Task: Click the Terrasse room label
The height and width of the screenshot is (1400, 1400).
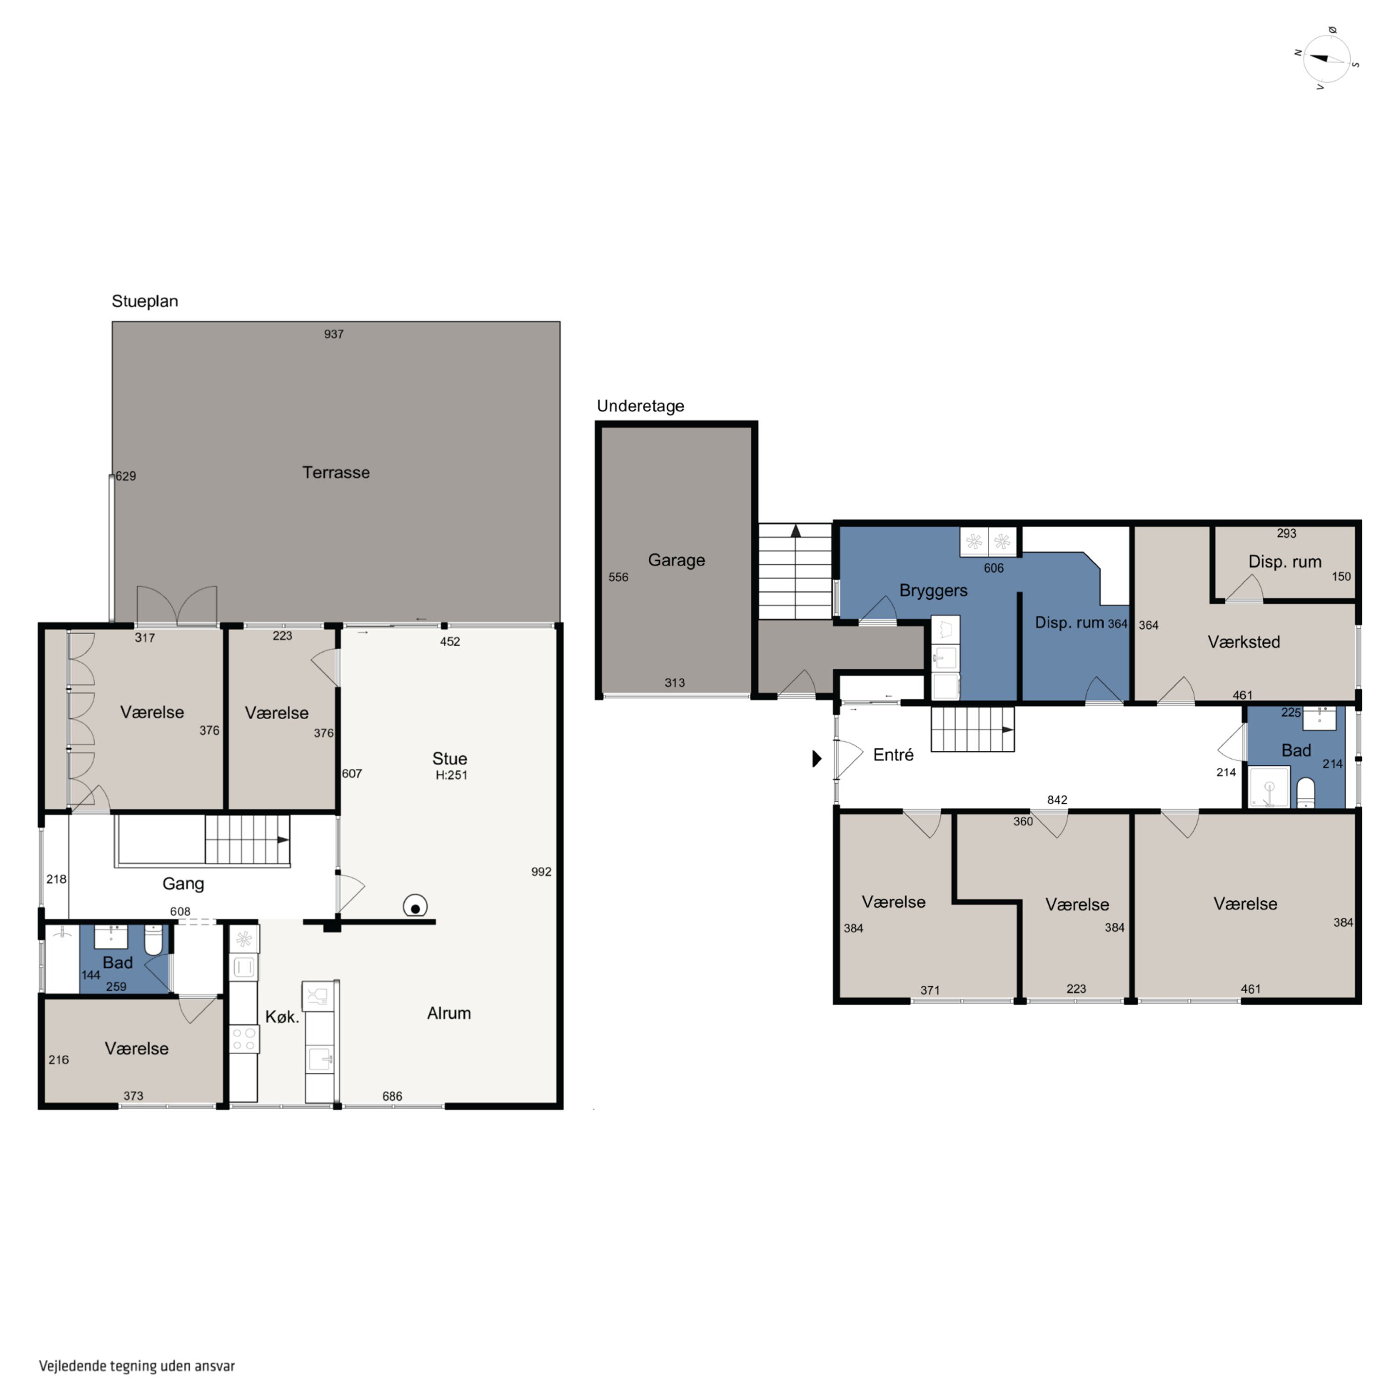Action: pos(336,472)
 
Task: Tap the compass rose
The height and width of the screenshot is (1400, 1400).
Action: pos(1326,59)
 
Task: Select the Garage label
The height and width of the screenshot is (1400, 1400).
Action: pos(676,560)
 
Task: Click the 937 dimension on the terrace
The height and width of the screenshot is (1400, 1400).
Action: pos(333,334)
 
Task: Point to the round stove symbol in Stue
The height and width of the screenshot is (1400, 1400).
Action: pos(415,907)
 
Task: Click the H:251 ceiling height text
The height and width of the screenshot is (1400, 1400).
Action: pos(451,775)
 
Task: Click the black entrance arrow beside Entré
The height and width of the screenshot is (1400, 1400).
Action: pos(817,759)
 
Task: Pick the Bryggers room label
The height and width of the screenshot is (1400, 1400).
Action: pos(933,591)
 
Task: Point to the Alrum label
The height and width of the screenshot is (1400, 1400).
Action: pos(448,1013)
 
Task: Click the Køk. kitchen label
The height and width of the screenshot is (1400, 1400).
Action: pos(282,1017)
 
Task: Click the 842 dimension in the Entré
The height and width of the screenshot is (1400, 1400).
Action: pos(1057,800)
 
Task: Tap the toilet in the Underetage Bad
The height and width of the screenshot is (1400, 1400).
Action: pos(1305,793)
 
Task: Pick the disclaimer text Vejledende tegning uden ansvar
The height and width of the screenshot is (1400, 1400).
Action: pos(137,1366)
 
